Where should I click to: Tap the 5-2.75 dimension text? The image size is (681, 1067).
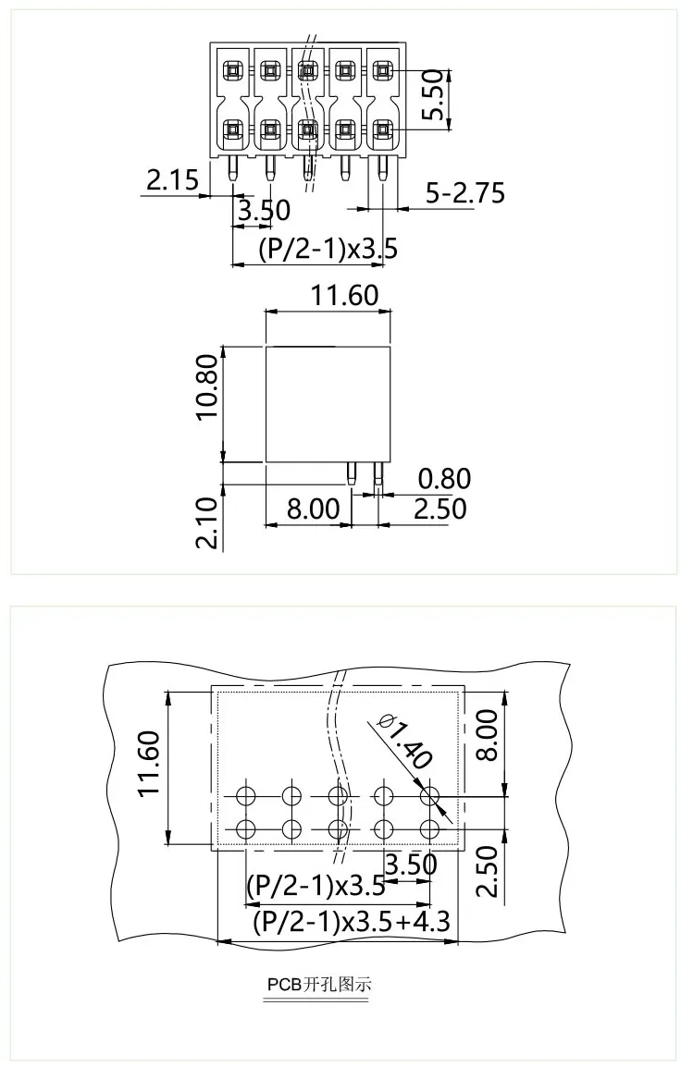(x=464, y=192)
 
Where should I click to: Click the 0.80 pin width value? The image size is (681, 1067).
(x=444, y=479)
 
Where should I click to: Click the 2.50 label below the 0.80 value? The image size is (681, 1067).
(x=440, y=509)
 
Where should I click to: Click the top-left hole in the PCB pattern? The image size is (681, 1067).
(x=246, y=795)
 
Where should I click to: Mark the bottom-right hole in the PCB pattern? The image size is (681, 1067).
(x=428, y=828)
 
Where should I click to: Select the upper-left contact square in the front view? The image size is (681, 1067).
(x=231, y=69)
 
